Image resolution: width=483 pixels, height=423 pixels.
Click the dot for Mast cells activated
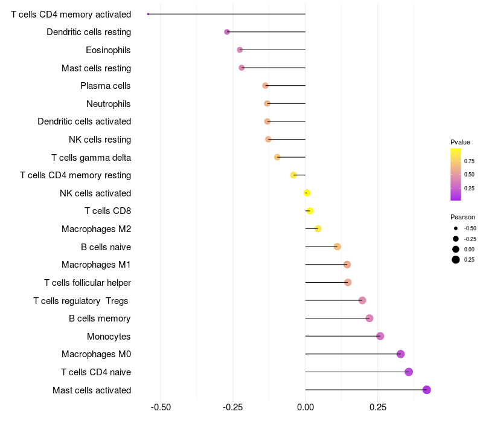tap(426, 390)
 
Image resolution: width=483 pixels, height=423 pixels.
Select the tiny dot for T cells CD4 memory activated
tap(148, 14)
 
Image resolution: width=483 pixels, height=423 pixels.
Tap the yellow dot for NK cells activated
tap(307, 193)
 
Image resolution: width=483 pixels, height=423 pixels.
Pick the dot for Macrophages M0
tap(400, 354)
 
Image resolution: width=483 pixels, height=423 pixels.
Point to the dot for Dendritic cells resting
tap(227, 32)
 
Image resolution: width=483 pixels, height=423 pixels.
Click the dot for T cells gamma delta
tap(277, 157)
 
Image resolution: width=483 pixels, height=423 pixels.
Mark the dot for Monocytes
tap(380, 336)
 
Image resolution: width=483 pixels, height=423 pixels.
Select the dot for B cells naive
tap(337, 247)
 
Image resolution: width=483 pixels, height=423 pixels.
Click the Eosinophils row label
tap(108, 50)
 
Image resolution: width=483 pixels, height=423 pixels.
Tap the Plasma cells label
tap(105, 86)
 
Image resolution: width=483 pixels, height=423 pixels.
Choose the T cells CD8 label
tap(108, 211)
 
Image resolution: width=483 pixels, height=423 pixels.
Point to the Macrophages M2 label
tap(97, 229)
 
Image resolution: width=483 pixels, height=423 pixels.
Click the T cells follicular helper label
tap(88, 283)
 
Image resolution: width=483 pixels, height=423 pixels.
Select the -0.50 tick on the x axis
tap(161, 407)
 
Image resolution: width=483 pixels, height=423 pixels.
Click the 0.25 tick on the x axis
tap(378, 407)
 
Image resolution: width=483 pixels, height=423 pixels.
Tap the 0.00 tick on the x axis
tap(305, 407)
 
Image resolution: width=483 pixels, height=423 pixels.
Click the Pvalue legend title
tap(460, 142)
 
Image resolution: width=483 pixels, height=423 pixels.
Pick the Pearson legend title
tap(462, 217)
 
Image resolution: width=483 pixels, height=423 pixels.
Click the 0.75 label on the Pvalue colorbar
tap(469, 161)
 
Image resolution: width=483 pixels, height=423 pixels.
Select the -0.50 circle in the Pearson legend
tap(456, 228)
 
